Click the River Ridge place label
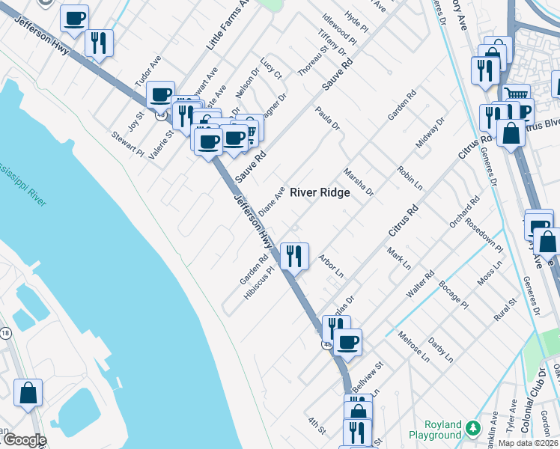(x=320, y=192)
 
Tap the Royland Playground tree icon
(x=472, y=428)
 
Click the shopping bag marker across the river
(x=28, y=393)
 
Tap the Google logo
(x=24, y=440)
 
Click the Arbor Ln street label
(x=330, y=264)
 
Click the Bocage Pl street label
(x=453, y=296)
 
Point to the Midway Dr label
(x=429, y=132)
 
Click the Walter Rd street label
(x=419, y=284)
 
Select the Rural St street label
(x=505, y=311)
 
